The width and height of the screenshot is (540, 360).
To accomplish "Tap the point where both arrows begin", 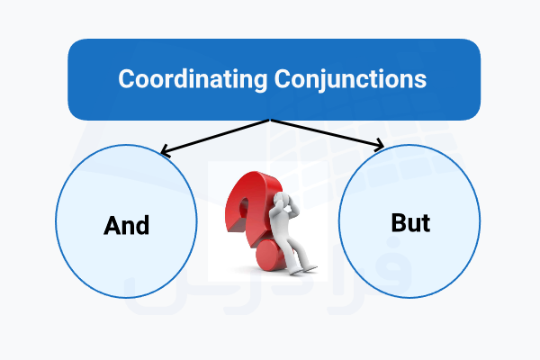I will pos(270,121).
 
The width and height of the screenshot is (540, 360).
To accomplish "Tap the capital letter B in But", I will pos(397,222).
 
